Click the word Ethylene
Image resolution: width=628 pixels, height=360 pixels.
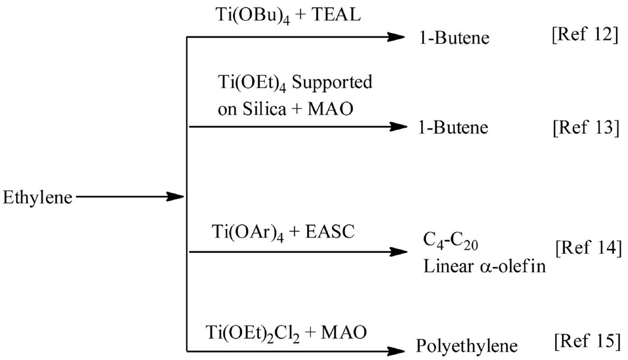pyautogui.click(x=37, y=197)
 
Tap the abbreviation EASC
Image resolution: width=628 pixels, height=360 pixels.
pyautogui.click(x=329, y=232)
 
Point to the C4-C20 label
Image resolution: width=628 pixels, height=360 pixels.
pyautogui.click(x=448, y=242)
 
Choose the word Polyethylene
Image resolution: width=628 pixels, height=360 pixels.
pyautogui.click(x=467, y=346)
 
